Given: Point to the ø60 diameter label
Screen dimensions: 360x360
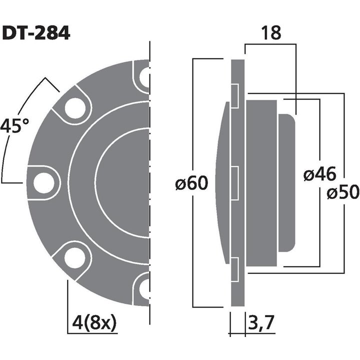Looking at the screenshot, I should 191,183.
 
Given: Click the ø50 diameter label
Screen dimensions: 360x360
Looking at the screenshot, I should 343,192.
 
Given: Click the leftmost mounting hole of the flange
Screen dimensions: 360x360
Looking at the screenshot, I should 43,182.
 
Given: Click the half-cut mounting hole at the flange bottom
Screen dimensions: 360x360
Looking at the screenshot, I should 144,288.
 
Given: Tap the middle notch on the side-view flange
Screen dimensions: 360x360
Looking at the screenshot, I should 234,182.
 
